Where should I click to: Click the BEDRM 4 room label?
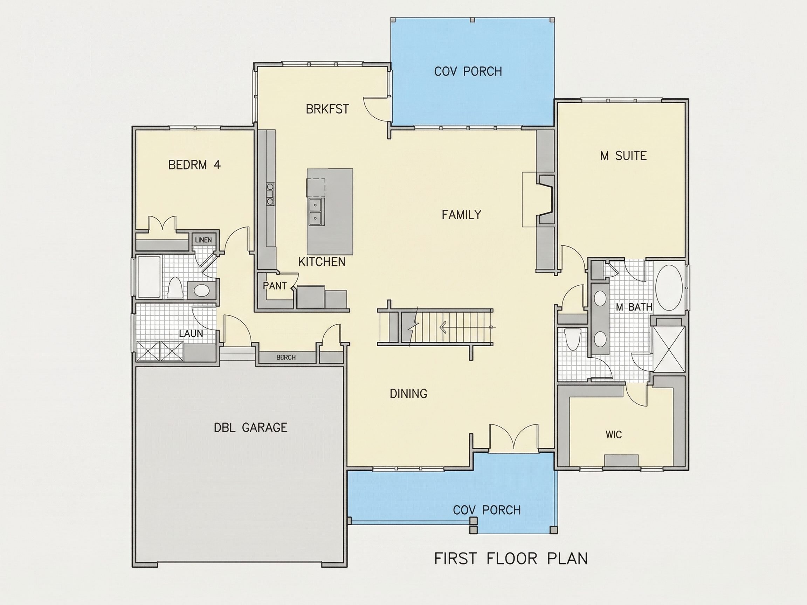click(x=194, y=165)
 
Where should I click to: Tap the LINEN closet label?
click(x=203, y=240)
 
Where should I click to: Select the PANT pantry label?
click(x=275, y=286)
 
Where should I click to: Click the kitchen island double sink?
click(x=315, y=211)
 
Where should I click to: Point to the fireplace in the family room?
click(x=545, y=199)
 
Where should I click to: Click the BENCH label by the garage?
click(x=286, y=357)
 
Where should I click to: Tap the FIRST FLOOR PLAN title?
click(x=511, y=559)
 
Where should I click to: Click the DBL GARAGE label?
click(x=251, y=427)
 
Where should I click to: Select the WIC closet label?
click(x=614, y=435)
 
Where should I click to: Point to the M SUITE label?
click(x=623, y=156)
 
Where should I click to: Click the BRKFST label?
click(x=327, y=109)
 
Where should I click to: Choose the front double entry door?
click(x=514, y=436)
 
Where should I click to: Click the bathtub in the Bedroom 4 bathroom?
click(x=149, y=278)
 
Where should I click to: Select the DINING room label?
click(x=409, y=394)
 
